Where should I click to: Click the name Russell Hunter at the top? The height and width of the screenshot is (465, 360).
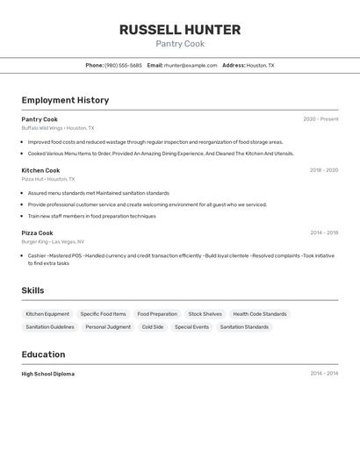180,30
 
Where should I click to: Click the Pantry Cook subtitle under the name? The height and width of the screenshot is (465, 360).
180,44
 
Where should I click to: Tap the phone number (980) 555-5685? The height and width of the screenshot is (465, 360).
123,65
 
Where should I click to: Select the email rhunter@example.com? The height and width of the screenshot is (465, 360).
190,65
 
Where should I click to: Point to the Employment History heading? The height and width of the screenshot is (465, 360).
65,100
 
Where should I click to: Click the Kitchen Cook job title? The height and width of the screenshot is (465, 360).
40,170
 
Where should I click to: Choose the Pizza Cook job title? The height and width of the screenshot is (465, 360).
37,233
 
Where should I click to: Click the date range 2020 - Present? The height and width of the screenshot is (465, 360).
320,119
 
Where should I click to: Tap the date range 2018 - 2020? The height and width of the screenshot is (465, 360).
323,170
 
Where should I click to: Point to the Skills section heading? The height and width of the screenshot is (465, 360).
32,290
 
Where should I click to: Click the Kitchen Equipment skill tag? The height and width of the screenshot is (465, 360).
47,314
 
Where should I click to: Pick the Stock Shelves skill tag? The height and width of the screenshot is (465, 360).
205,314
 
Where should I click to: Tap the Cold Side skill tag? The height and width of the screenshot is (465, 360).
153,327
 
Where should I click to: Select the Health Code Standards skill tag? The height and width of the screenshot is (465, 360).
260,314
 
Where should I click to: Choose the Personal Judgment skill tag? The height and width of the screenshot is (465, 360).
108,327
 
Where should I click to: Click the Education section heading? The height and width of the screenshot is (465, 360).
43,354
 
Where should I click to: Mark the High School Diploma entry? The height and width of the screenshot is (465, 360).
48,374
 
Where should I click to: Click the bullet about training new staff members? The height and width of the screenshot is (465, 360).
91,216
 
